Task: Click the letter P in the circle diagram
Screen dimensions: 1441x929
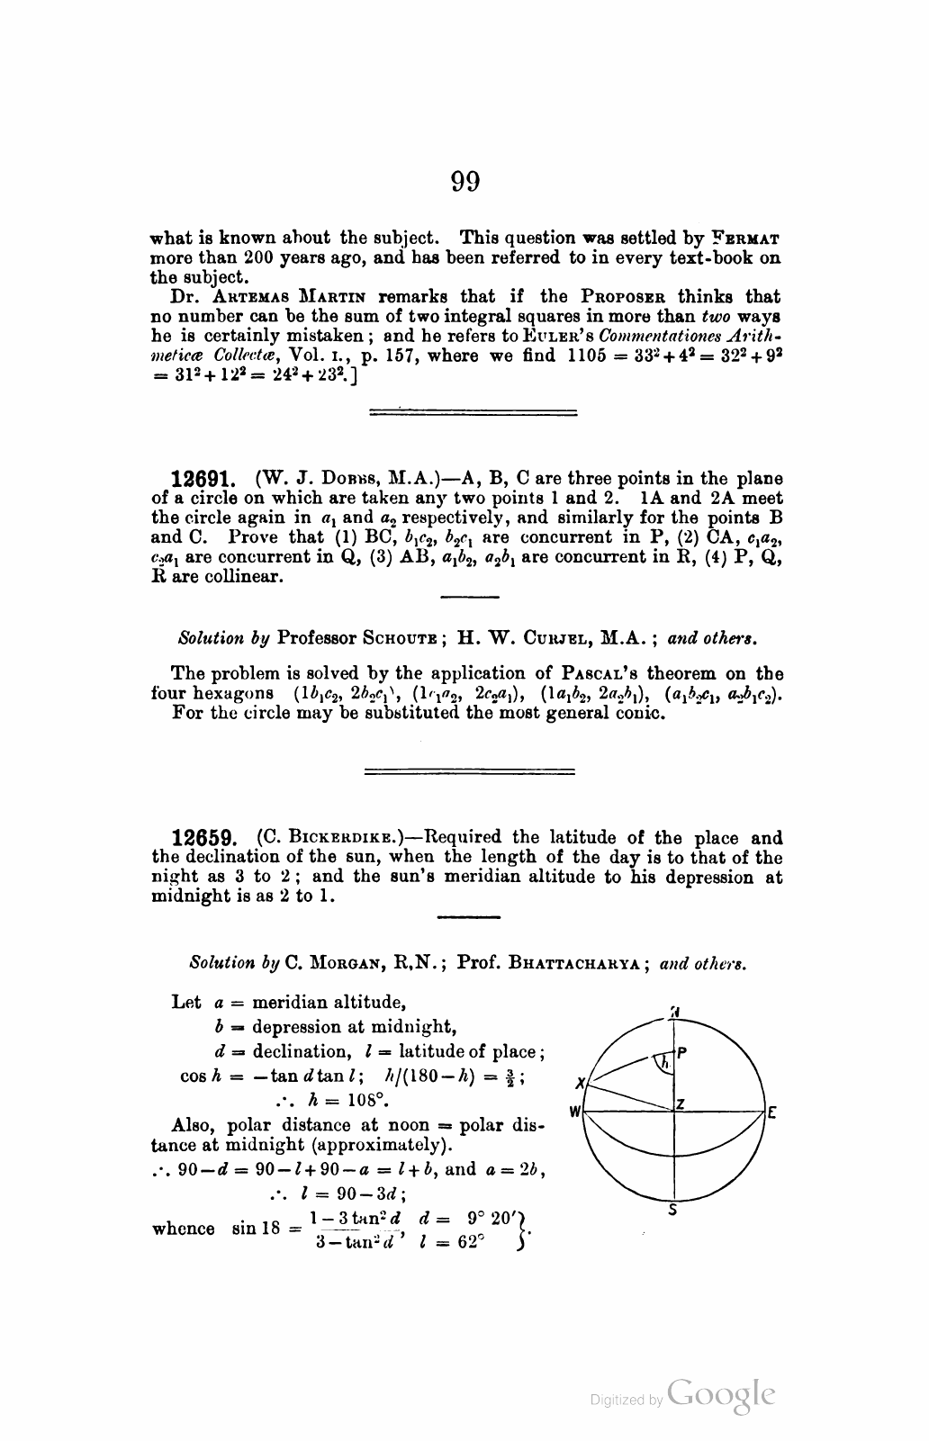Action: (x=681, y=1052)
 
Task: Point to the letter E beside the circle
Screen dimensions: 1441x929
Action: (x=771, y=1112)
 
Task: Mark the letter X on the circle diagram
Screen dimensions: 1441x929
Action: (x=582, y=1083)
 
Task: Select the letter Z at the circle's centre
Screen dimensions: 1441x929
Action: (x=681, y=1103)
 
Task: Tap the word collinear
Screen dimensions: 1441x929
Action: (x=239, y=576)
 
